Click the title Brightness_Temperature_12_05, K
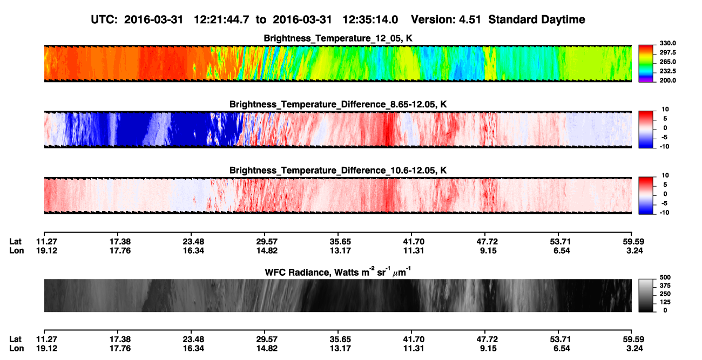click(338, 38)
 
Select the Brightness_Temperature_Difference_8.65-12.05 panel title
click(338, 104)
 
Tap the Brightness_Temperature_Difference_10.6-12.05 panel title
click(338, 171)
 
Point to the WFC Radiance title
click(338, 272)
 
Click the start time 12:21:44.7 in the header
click(221, 20)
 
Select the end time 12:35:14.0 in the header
click(370, 20)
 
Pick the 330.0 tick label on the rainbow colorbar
click(667, 43)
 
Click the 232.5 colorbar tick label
click(667, 71)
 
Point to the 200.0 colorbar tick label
click(667, 80)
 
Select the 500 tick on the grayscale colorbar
click(665, 277)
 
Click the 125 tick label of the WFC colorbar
click(665, 302)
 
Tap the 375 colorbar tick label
click(665, 286)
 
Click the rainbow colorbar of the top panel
click(646, 64)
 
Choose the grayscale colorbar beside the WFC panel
click(646, 295)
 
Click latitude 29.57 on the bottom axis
click(267, 339)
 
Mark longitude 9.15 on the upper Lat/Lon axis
click(488, 250)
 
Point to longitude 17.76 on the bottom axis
click(120, 349)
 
